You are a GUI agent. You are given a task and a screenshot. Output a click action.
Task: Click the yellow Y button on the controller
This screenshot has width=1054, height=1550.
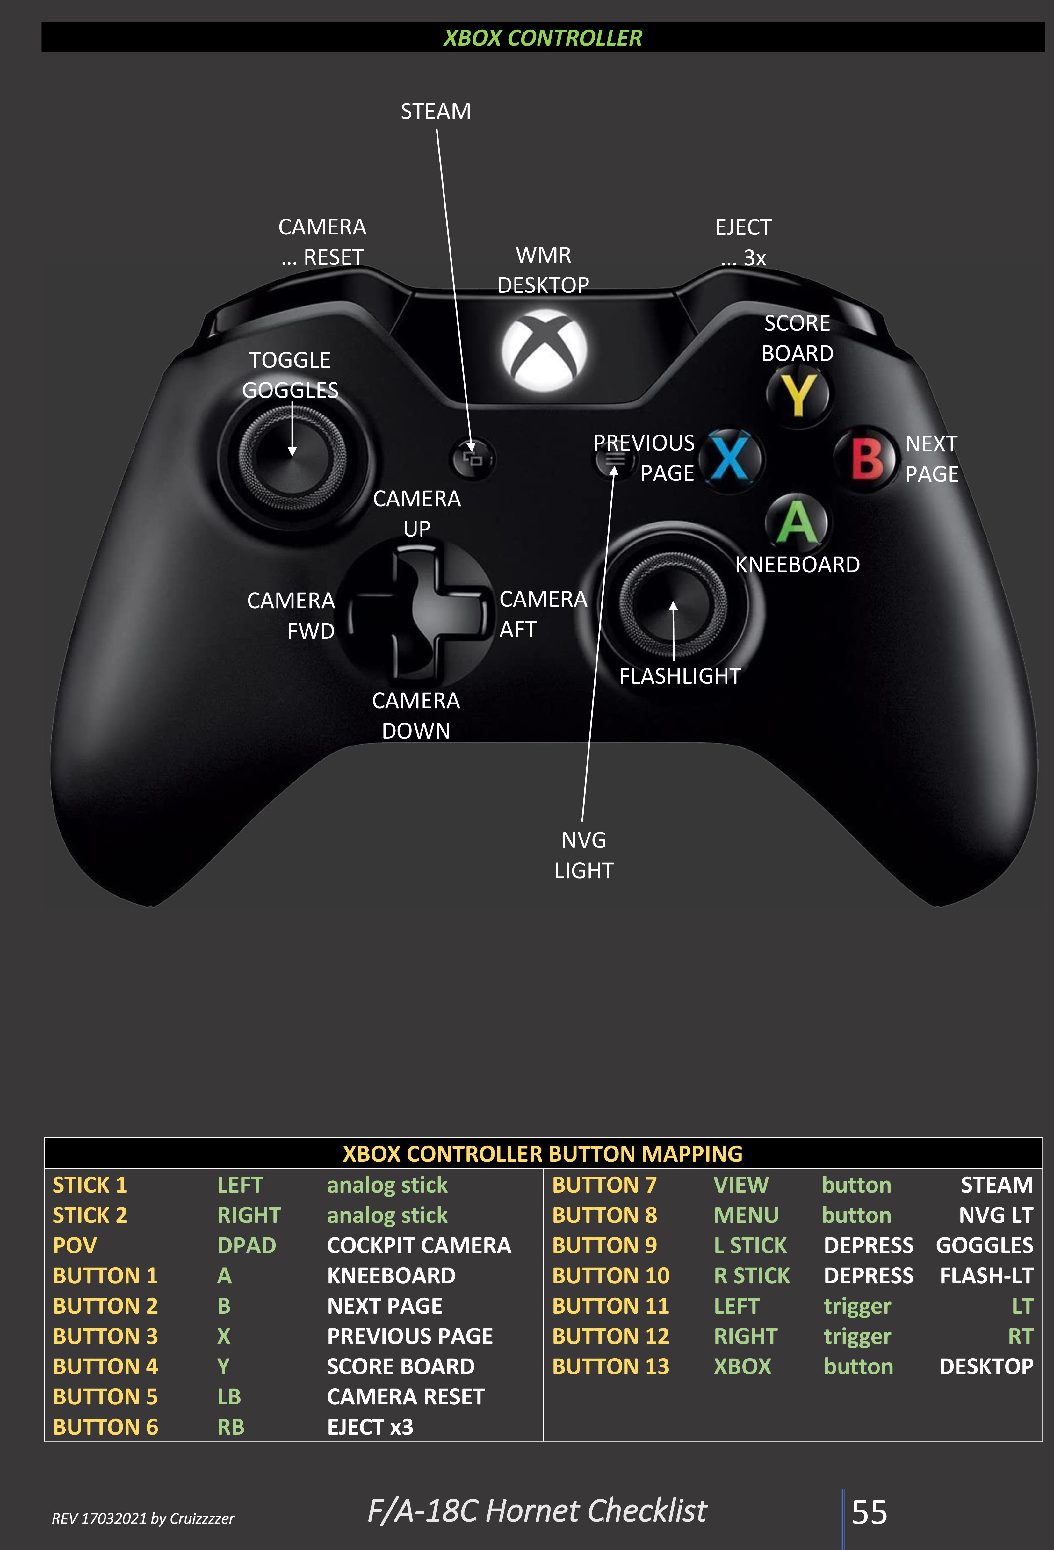click(x=798, y=395)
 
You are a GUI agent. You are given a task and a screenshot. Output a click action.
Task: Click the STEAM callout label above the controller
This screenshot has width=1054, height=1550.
click(x=436, y=112)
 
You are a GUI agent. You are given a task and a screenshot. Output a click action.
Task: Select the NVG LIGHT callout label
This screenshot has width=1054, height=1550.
click(x=584, y=855)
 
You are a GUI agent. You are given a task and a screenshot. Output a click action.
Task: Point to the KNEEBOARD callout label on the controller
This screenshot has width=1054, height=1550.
click(x=797, y=565)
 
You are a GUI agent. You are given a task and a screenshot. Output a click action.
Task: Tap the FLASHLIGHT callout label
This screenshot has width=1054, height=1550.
click(x=680, y=676)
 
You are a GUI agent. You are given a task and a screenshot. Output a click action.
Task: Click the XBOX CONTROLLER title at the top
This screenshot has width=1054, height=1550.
click(x=543, y=38)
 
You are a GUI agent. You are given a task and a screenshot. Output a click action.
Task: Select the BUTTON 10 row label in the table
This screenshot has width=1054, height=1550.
click(x=610, y=1275)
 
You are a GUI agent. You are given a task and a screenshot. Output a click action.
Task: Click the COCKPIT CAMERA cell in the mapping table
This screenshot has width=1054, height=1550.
click(x=419, y=1245)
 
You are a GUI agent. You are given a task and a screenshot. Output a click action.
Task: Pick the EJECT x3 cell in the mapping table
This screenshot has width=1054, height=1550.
click(x=370, y=1427)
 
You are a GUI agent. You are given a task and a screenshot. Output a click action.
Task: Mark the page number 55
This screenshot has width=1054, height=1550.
click(x=869, y=1512)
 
